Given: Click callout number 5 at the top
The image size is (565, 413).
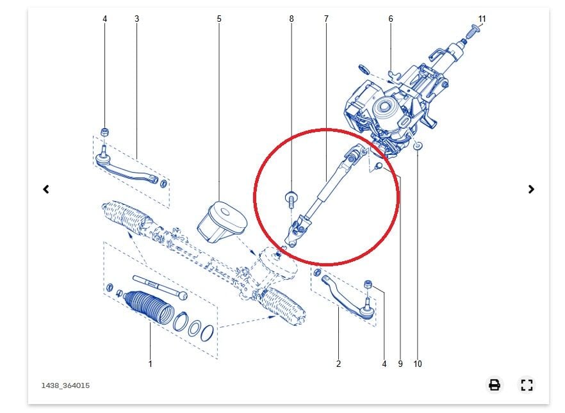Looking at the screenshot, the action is (x=219, y=19).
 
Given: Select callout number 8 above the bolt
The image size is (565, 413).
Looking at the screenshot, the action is (x=291, y=19).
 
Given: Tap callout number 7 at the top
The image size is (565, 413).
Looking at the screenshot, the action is (x=327, y=19).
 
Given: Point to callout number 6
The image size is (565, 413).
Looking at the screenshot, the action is (x=391, y=19).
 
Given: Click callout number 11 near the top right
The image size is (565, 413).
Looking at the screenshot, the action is (x=482, y=19).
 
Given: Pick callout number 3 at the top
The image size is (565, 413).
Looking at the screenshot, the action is (x=136, y=19).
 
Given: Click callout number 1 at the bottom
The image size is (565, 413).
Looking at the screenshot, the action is (x=151, y=364).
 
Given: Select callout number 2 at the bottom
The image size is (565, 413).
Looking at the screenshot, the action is (x=338, y=364).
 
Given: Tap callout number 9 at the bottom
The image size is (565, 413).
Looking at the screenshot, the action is (x=400, y=364).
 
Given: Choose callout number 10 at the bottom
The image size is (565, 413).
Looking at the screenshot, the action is (x=418, y=364).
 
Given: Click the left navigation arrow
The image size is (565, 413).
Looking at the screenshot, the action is (x=46, y=189).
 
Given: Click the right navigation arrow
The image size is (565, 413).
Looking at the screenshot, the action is (x=531, y=189).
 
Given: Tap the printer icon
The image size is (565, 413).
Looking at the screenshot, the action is (x=495, y=385).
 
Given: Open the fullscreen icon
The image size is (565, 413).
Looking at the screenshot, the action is (x=527, y=385).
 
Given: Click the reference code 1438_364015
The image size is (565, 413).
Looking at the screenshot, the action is (x=65, y=385).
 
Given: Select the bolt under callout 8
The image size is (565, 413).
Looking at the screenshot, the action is (x=291, y=201).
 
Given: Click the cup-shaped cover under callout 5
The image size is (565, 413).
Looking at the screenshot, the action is (x=222, y=222).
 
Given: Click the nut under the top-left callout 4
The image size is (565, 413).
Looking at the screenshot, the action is (x=105, y=132).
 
